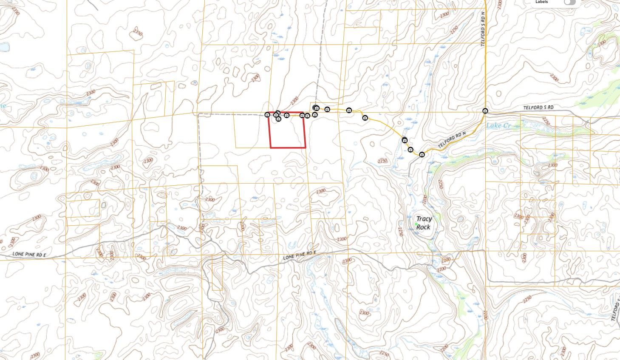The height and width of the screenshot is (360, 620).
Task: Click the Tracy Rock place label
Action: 423,223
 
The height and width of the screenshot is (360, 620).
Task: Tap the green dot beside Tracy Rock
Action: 416,224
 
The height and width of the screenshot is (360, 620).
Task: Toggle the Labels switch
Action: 569,2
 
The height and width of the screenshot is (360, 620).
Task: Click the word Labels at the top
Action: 542,2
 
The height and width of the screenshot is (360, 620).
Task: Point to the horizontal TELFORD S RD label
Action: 538,108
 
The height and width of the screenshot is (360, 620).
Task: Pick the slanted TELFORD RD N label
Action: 452,141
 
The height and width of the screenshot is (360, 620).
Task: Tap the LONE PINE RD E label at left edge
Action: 29,254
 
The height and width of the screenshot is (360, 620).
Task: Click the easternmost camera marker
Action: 485,111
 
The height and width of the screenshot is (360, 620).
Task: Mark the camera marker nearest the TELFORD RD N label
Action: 422,155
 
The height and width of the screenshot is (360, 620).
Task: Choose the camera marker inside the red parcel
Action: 278,119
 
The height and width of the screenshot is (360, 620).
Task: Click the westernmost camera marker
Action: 267,114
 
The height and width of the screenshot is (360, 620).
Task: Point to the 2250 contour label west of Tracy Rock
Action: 400,231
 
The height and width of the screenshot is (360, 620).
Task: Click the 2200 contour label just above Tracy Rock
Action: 425,198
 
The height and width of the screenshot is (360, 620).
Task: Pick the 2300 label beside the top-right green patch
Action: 602,43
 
